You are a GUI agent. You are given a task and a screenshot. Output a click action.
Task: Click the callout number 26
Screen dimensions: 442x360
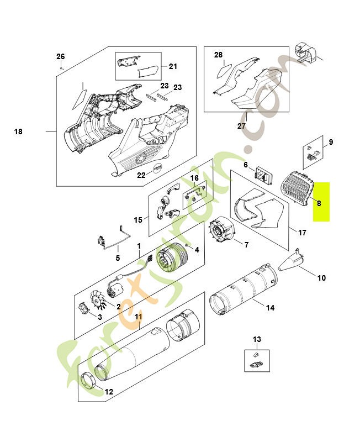click(61, 56)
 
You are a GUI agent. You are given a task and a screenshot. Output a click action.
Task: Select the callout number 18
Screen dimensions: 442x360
click(18, 131)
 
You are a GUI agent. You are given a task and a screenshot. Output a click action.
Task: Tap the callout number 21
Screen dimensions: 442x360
click(173, 67)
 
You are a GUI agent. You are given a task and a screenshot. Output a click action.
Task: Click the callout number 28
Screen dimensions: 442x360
click(218, 55)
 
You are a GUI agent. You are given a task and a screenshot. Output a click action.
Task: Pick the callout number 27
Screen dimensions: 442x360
click(241, 126)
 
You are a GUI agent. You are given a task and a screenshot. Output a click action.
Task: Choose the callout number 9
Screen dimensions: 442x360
click(331, 142)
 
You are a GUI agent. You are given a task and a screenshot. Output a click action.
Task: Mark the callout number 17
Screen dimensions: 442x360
click(302, 233)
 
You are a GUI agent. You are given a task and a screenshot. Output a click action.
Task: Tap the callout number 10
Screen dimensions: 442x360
click(321, 278)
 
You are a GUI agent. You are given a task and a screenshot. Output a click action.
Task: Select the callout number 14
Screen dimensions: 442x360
click(270, 308)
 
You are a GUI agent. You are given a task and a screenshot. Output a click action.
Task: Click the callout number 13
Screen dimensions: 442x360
click(257, 339)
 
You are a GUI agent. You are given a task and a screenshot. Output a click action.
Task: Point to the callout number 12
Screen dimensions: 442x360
click(109, 392)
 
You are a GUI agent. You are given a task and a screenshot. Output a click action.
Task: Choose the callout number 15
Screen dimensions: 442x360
click(138, 220)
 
